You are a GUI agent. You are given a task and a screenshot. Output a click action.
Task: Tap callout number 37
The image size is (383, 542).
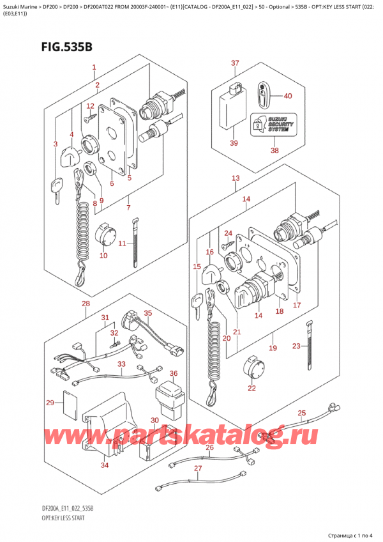coord(235,63)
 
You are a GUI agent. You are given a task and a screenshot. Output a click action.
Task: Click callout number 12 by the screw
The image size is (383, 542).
coord(90,106)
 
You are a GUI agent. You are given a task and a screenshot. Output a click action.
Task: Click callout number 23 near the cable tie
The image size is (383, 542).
coord(295,346)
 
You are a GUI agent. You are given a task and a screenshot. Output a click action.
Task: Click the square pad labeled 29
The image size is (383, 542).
coord(66,401)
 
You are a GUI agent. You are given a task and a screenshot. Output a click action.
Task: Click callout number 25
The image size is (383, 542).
coord(302,413)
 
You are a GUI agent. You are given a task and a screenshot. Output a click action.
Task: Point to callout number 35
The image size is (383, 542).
coord(147,313)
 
